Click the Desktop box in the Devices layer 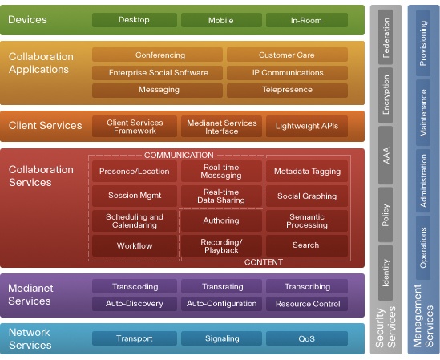coord(135,20)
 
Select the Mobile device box coord(221,20)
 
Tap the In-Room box coord(307,20)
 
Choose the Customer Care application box coord(287,55)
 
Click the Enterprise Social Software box coord(157,73)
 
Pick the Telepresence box coord(287,90)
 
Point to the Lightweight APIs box coord(307,126)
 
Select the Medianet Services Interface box coord(221,127)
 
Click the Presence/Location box coord(135,171)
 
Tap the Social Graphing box coord(307,196)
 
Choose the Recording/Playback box coord(221,245)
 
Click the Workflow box coord(135,245)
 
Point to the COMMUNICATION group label coord(179,155)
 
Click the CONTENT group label coord(264,262)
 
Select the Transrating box coord(221,286)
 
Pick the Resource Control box coord(307,304)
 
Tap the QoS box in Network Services coord(307,338)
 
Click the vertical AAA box coord(386,156)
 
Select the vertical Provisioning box coord(423,43)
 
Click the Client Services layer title coord(45,126)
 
